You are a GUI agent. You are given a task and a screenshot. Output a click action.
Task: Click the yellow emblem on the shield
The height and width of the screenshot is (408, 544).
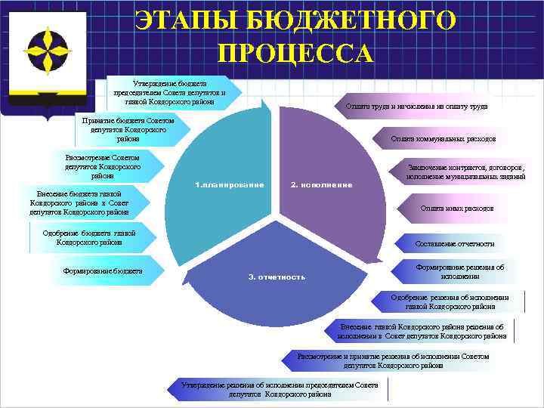coord(47,51)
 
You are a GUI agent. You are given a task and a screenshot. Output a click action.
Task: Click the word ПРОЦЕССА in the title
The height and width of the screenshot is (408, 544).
coord(295,54)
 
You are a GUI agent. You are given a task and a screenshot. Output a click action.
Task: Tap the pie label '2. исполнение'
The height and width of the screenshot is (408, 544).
coord(322,185)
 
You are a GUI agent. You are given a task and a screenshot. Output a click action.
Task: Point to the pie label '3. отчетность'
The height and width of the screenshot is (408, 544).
coord(277,277)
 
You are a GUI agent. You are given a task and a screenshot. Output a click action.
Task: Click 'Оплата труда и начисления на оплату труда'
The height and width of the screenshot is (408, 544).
coord(416,107)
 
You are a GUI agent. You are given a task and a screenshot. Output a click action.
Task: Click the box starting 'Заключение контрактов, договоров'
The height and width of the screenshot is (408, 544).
coord(465,172)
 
